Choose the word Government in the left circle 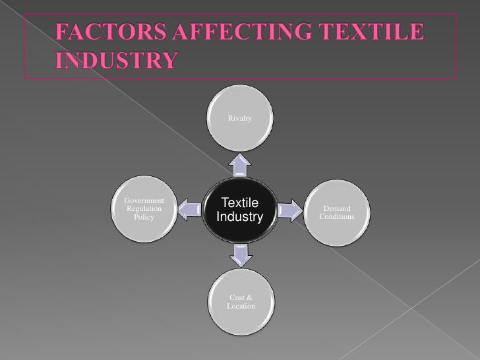click(x=140, y=200)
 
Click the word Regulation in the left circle click(x=140, y=208)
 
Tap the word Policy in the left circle click(x=144, y=216)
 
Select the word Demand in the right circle click(x=337, y=208)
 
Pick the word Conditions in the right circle click(x=337, y=216)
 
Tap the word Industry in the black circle click(x=239, y=217)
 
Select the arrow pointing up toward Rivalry click(x=240, y=165)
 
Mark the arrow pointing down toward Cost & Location click(x=240, y=254)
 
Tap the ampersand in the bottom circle click(x=250, y=299)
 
